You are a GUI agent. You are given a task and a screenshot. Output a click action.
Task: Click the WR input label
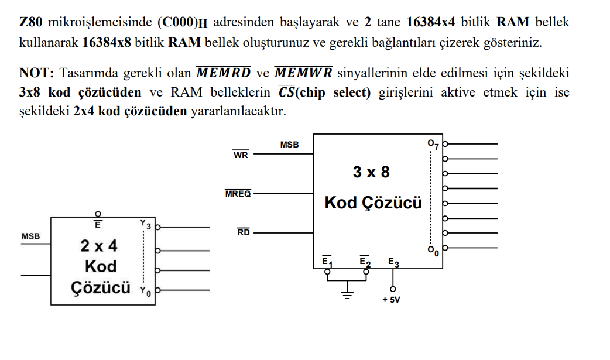241,155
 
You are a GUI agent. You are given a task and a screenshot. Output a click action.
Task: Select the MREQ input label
238,194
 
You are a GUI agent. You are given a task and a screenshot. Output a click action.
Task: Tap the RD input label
244,232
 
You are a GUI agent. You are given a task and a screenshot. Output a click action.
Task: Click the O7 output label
433,144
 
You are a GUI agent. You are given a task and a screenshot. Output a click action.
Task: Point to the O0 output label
433,251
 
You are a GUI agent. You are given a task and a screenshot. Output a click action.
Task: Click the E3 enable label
393,262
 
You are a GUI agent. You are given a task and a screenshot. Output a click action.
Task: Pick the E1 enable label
327,261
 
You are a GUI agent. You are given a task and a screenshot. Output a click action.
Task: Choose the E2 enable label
365,261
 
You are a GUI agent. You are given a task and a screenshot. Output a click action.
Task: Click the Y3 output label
146,224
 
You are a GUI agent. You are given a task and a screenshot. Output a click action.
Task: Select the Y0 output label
146,291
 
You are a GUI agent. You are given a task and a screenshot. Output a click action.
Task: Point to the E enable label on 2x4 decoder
98,224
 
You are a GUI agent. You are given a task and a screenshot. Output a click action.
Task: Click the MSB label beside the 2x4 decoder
30,236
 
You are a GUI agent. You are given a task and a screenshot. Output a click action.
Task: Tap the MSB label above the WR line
289,144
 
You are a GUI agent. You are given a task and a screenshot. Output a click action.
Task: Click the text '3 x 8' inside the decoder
371,172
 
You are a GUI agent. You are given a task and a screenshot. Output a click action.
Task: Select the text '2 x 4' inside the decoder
99,245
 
